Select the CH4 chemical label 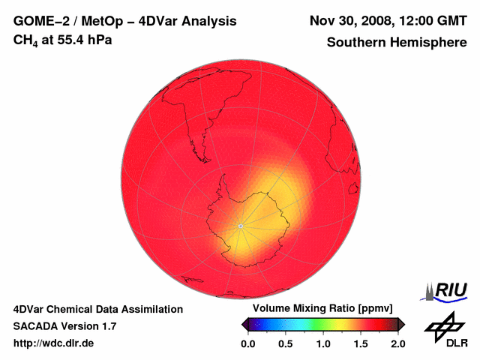[x=25, y=40]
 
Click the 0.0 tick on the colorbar [x=248, y=343]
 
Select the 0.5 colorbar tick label [x=286, y=343]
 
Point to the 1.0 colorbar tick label [x=323, y=343]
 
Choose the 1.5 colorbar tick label [x=361, y=343]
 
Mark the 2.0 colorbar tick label [x=397, y=343]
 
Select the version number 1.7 [x=107, y=326]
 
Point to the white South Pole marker [x=240, y=225]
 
